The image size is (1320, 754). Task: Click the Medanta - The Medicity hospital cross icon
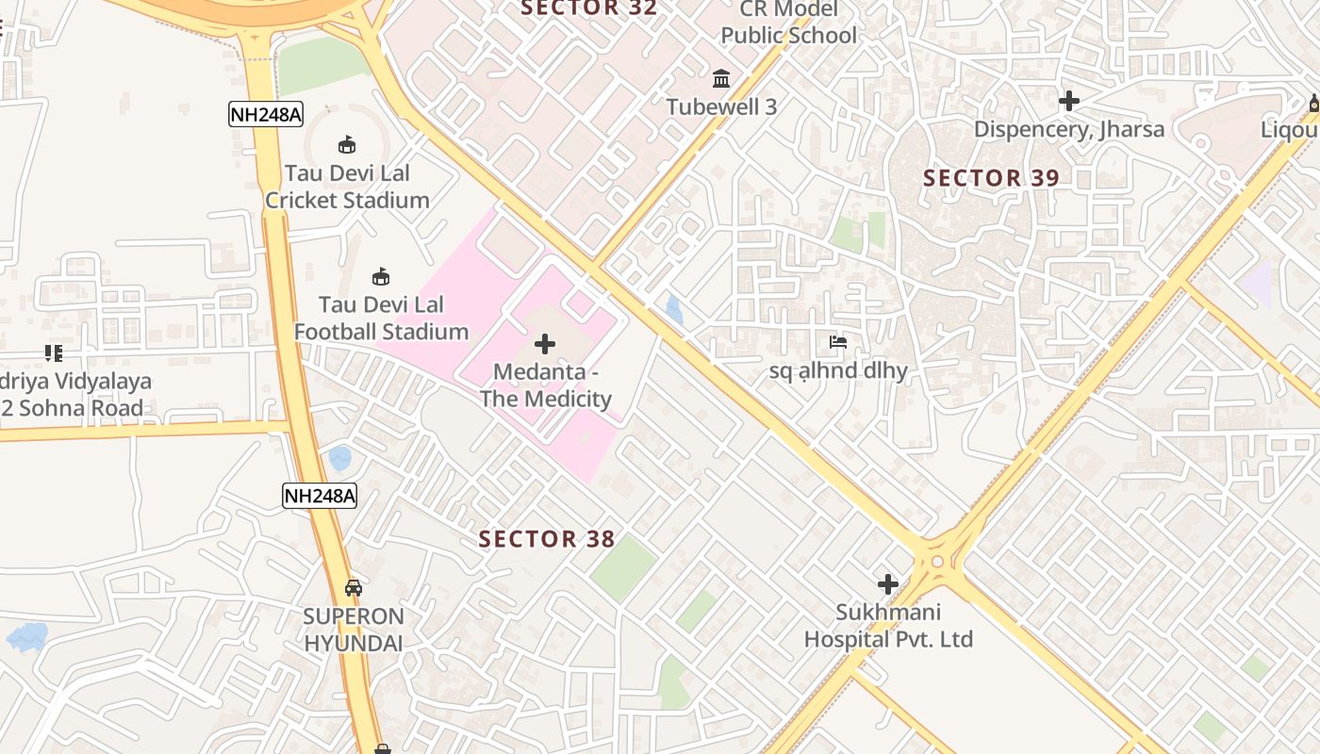(545, 344)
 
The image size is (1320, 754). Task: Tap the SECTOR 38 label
(547, 539)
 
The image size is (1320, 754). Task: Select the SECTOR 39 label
(991, 178)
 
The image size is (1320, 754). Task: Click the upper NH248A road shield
(266, 115)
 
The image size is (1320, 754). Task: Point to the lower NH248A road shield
(320, 496)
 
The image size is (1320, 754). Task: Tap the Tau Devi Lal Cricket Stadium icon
(347, 144)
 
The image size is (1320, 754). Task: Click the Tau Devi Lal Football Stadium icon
(381, 276)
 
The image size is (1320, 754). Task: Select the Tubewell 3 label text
(722, 107)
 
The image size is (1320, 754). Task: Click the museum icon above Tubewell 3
(722, 77)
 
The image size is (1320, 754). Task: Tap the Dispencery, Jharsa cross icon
(1068, 100)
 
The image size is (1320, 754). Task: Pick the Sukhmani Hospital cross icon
(887, 583)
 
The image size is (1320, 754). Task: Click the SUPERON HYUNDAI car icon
(354, 588)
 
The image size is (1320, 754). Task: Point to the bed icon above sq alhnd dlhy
(838, 342)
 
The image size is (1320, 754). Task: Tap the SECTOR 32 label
(588, 8)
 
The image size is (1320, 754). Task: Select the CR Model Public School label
(788, 23)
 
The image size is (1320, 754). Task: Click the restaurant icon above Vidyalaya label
(53, 353)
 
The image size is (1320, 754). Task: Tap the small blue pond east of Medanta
(674, 309)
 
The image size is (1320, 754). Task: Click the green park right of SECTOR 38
(623, 566)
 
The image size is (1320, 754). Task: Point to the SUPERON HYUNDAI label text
(354, 630)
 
